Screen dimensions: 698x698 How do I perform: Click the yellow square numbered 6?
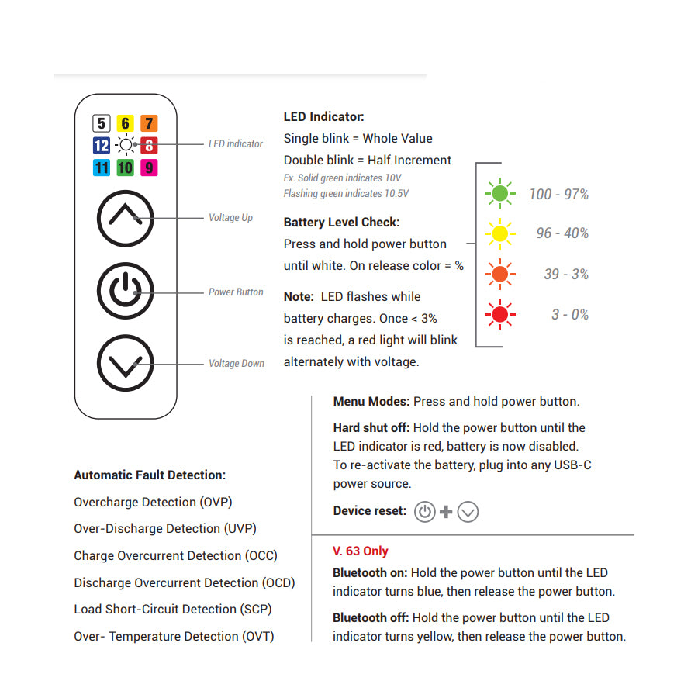pyautogui.click(x=125, y=123)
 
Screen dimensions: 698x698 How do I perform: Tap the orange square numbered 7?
pyautogui.click(x=149, y=123)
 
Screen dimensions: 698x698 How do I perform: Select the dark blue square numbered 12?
pyautogui.click(x=102, y=145)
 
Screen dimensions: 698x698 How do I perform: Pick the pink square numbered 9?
pyautogui.click(x=149, y=167)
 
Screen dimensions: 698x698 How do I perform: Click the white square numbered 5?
pyautogui.click(x=102, y=123)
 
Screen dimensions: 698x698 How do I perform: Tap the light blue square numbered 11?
pyautogui.click(x=102, y=167)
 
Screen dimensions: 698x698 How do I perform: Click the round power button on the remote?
pyautogui.click(x=125, y=291)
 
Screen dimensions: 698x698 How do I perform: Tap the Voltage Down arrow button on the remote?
pyautogui.click(x=125, y=362)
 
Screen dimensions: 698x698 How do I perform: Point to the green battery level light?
pyautogui.click(x=500, y=193)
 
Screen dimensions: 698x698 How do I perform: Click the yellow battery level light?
pyautogui.click(x=500, y=233)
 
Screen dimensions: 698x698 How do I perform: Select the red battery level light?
pyautogui.click(x=500, y=314)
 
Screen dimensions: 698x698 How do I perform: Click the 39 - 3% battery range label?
pyautogui.click(x=566, y=274)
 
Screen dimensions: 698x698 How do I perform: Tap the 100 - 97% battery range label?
pyautogui.click(x=558, y=194)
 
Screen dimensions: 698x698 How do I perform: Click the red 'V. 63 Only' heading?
pyautogui.click(x=361, y=551)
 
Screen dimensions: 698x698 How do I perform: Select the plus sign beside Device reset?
pyautogui.click(x=446, y=512)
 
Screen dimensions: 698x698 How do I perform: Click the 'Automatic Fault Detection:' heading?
pyautogui.click(x=150, y=475)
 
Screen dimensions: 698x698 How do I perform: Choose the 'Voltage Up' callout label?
pyautogui.click(x=230, y=218)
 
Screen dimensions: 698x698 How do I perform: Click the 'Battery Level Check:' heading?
pyautogui.click(x=342, y=223)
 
